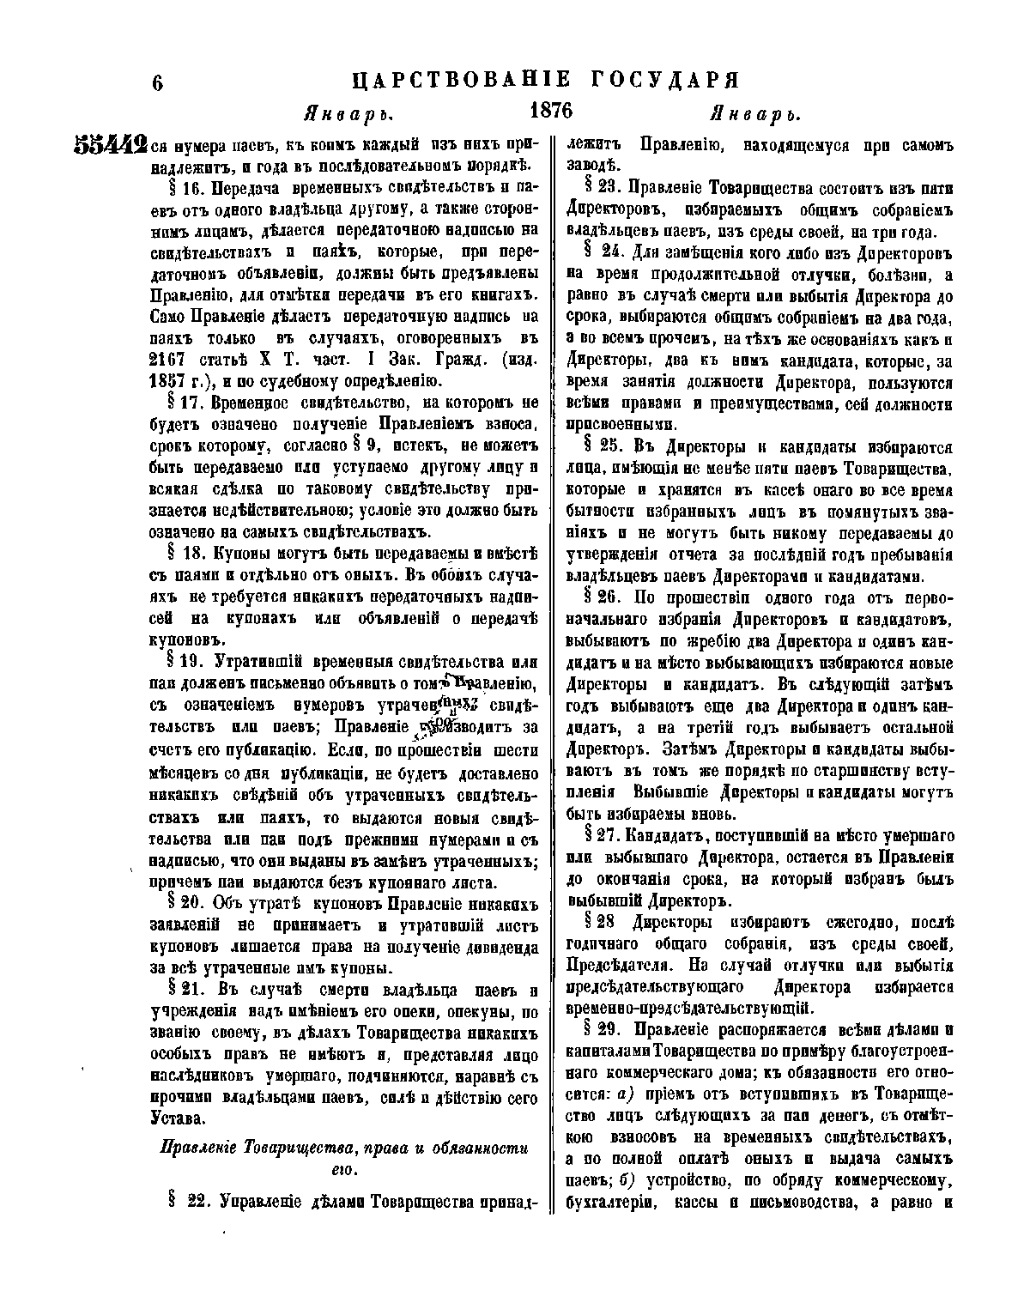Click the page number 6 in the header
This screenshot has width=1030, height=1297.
[x=157, y=83]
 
